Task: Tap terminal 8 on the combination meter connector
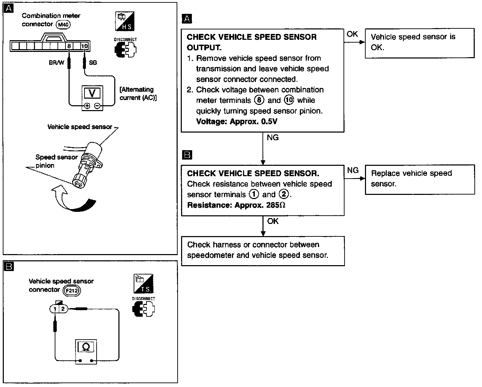pyautogui.click(x=69, y=46)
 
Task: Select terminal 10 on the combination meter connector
pyautogui.click(x=84, y=46)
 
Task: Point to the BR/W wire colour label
pyautogui.click(x=56, y=63)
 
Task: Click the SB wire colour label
pyautogui.click(x=93, y=63)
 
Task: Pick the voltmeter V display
pyautogui.click(x=92, y=93)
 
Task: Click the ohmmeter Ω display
pyautogui.click(x=87, y=346)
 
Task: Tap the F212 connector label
pyautogui.click(x=72, y=290)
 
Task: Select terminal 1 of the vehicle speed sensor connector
pyautogui.click(x=55, y=308)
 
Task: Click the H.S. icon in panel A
pyautogui.click(x=125, y=21)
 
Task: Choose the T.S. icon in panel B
pyautogui.click(x=143, y=284)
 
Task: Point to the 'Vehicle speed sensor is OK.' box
pyautogui.click(x=419, y=43)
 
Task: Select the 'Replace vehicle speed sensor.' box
pyautogui.click(x=420, y=179)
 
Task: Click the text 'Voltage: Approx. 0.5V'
pyautogui.click(x=236, y=121)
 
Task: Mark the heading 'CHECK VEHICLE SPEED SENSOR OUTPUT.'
pyautogui.click(x=251, y=42)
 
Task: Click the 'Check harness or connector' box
pyautogui.click(x=263, y=251)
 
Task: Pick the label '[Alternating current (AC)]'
pyautogui.click(x=138, y=93)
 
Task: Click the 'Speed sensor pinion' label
pyautogui.click(x=56, y=161)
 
